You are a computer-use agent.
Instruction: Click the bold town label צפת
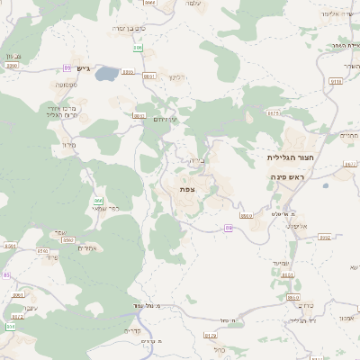(187, 189)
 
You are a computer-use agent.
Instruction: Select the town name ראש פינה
(289, 177)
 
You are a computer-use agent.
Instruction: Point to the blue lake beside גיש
(106, 73)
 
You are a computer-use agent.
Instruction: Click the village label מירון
(66, 143)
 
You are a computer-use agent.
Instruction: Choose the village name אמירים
(86, 247)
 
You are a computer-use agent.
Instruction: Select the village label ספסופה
(65, 85)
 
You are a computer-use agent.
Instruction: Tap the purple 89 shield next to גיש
(67, 68)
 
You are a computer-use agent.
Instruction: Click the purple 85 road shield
(4, 275)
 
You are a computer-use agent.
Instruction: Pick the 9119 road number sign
(336, 81)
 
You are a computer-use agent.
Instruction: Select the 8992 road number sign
(325, 238)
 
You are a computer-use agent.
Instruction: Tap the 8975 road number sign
(274, 113)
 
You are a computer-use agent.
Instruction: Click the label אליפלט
(301, 225)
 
